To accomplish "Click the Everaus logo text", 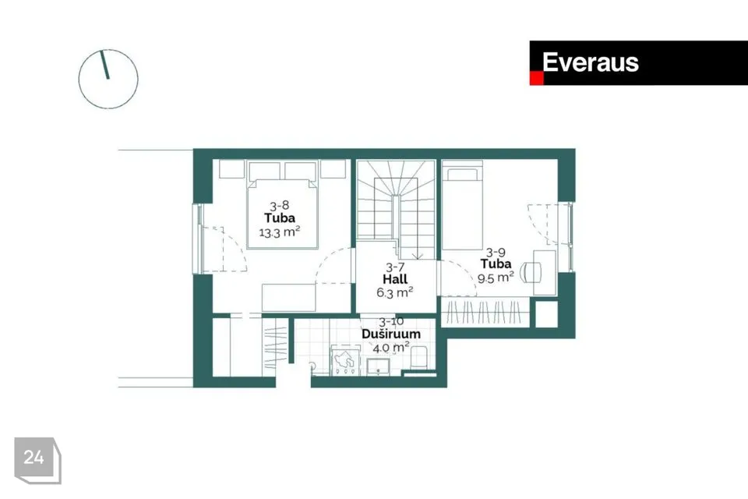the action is tap(590, 62).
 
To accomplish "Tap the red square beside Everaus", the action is tap(537, 78).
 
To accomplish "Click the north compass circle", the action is tap(108, 79).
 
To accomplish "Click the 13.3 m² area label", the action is tap(280, 232).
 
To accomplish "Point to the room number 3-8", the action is tap(280, 206).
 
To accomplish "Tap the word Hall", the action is tap(395, 279).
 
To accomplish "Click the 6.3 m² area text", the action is tap(394, 292).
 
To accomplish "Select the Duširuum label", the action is tap(391, 334).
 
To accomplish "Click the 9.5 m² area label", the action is tap(496, 277).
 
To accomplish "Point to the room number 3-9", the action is tap(496, 252).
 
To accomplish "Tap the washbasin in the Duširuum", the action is tap(379, 366).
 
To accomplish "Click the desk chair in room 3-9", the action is tap(531, 273).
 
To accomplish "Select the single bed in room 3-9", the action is tap(462, 205).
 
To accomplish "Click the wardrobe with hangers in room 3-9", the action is tap(485, 313).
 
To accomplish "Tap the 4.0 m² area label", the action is tap(391, 348).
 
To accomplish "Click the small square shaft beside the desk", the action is tap(547, 314).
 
